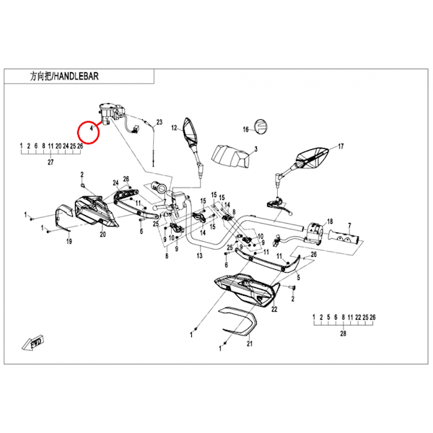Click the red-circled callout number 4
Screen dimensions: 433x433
click(90, 131)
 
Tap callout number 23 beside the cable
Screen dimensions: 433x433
click(159, 122)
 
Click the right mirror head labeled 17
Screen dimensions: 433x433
click(315, 154)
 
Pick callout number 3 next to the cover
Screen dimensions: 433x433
click(255, 150)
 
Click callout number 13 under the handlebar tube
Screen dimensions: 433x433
click(198, 255)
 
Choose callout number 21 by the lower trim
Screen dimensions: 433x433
click(249, 344)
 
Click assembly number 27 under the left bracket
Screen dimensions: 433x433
click(51, 163)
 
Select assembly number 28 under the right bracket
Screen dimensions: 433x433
click(343, 334)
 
